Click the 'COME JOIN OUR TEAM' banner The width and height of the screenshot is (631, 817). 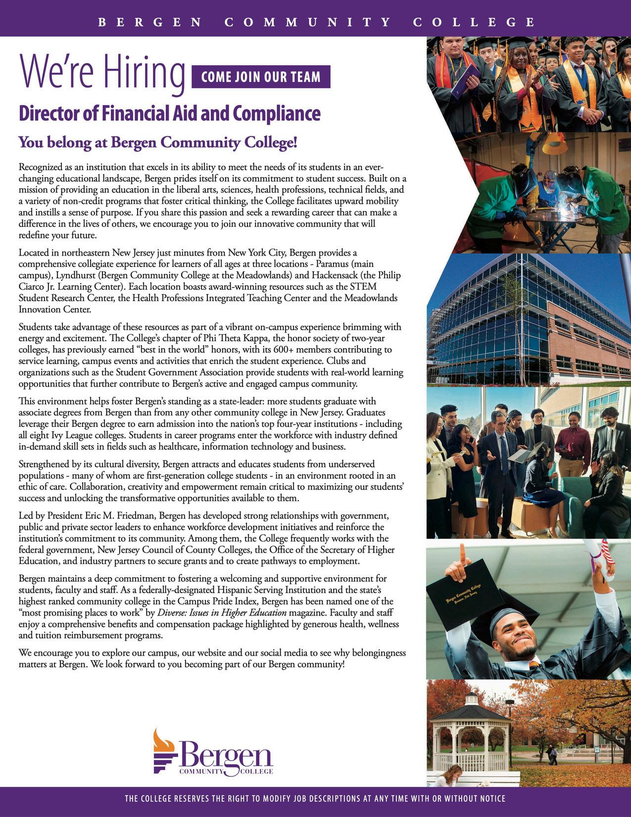coord(261,77)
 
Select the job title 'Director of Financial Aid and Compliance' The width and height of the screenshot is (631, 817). coord(169,113)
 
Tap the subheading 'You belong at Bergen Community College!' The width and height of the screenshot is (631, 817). coord(158,143)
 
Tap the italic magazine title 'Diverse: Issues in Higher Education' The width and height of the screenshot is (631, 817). coord(222,613)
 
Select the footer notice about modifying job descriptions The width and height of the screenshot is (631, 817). coord(315,799)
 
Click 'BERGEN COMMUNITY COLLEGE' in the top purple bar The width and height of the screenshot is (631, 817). coord(315,22)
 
